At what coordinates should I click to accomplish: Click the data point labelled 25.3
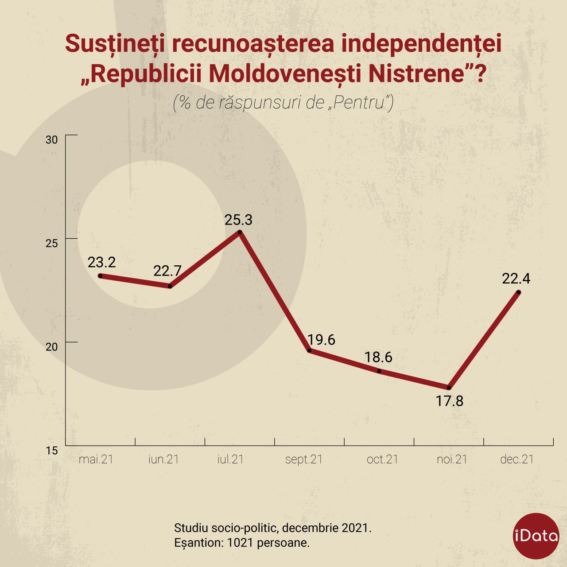pyautogui.click(x=240, y=233)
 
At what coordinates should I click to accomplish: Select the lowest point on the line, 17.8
pyautogui.click(x=449, y=388)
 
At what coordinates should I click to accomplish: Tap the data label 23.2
pyautogui.click(x=102, y=262)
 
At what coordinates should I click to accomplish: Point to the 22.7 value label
pyautogui.click(x=167, y=271)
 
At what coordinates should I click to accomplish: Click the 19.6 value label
pyautogui.click(x=321, y=340)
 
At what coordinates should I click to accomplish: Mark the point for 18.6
pyautogui.click(x=379, y=371)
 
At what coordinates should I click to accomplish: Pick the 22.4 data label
pyautogui.click(x=516, y=279)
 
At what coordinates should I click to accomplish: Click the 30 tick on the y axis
pyautogui.click(x=51, y=140)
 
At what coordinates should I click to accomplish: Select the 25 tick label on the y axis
pyautogui.click(x=51, y=243)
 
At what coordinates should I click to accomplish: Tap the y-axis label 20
pyautogui.click(x=51, y=347)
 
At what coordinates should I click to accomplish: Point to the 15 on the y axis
pyautogui.click(x=51, y=450)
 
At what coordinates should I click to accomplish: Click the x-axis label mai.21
pyautogui.click(x=96, y=459)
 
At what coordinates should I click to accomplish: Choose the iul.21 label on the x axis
pyautogui.click(x=230, y=459)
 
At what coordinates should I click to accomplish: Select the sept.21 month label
pyautogui.click(x=304, y=460)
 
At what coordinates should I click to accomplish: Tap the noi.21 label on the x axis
pyautogui.click(x=452, y=459)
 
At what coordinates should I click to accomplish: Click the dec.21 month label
pyautogui.click(x=517, y=459)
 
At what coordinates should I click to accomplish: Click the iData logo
pyautogui.click(x=536, y=536)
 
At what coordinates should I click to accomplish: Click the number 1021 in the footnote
pyautogui.click(x=240, y=543)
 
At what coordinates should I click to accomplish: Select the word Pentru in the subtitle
pyautogui.click(x=360, y=102)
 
